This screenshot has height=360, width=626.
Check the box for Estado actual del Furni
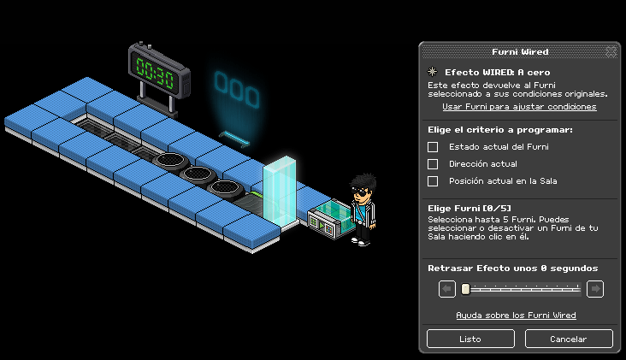click(x=433, y=147)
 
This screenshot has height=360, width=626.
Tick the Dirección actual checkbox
click(x=433, y=164)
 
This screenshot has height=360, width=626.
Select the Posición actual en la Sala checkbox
click(x=433, y=181)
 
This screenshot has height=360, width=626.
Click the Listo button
click(x=470, y=339)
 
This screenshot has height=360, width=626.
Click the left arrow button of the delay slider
click(x=446, y=288)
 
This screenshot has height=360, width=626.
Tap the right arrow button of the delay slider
click(x=595, y=288)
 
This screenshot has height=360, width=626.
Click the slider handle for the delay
click(x=465, y=289)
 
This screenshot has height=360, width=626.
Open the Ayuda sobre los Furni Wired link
click(x=516, y=316)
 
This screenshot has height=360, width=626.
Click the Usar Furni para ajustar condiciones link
click(x=519, y=107)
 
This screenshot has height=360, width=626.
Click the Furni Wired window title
click(x=520, y=52)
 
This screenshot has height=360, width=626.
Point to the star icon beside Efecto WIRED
click(x=433, y=72)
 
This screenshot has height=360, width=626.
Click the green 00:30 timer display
click(x=155, y=73)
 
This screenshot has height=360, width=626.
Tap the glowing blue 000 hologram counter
click(x=237, y=90)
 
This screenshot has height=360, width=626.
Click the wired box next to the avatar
click(x=329, y=219)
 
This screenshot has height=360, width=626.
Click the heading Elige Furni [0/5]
click(x=469, y=209)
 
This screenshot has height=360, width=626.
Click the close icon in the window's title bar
click(x=611, y=51)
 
